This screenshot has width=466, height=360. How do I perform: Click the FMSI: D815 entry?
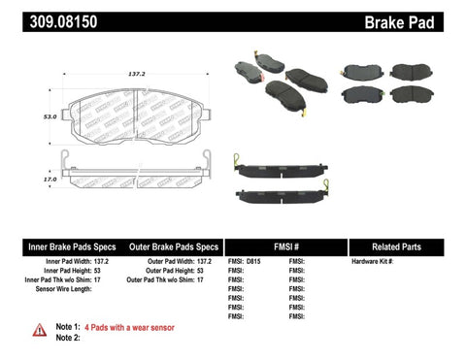[247, 263]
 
